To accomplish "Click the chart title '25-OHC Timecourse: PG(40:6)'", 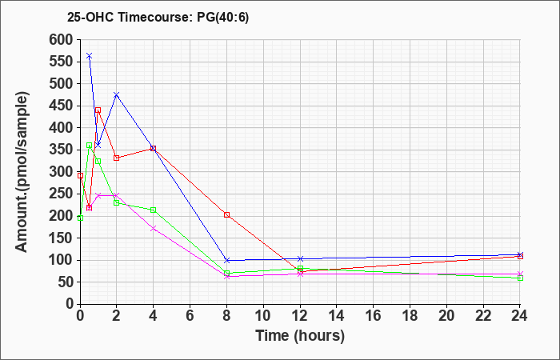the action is [158, 18].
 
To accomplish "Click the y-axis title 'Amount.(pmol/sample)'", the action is [22, 172].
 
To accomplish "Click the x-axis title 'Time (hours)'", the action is [300, 336].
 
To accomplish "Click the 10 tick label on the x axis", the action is [263, 315].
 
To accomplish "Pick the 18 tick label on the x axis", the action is [410, 315].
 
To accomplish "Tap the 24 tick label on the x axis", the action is [520, 315].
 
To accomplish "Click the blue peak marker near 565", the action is [90, 56].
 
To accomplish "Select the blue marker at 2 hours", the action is [117, 95].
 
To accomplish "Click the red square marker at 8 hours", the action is [226, 214].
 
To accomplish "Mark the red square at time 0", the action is [80, 176].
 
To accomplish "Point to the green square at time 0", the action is [80, 218].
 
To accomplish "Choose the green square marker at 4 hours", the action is [154, 210].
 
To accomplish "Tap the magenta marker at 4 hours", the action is [154, 228].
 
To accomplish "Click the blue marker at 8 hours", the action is [226, 260].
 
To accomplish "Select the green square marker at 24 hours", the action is [520, 278].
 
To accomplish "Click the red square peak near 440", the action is [98, 110].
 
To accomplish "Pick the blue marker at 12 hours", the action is [300, 258].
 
